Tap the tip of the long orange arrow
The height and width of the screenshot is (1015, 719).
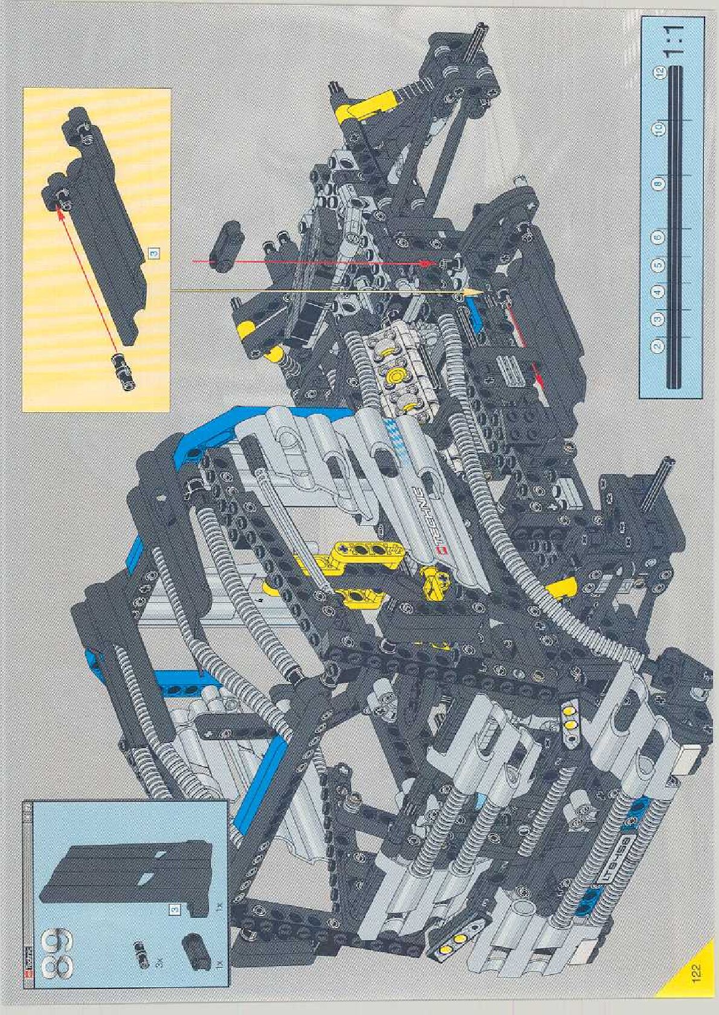[480, 291]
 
